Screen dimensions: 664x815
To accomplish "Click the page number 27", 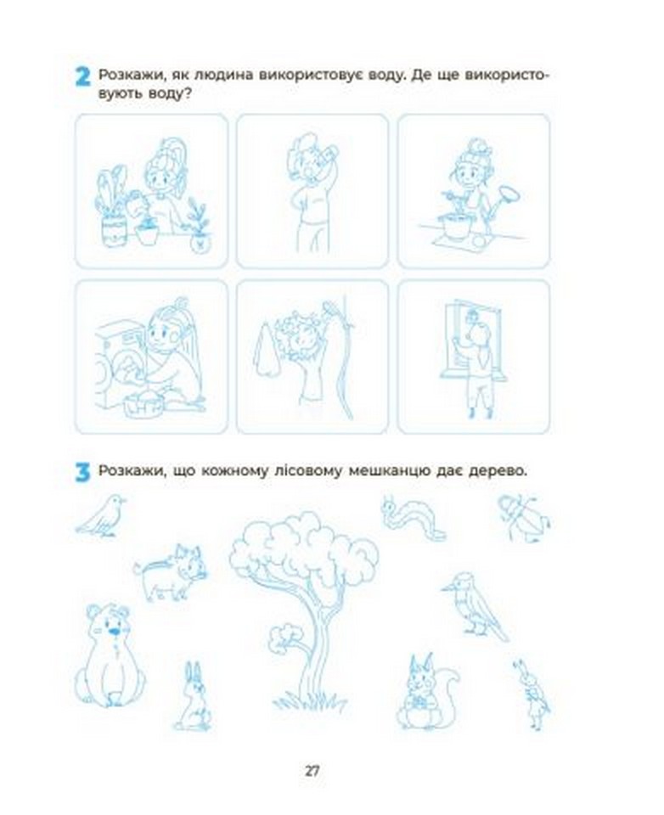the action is (x=312, y=771).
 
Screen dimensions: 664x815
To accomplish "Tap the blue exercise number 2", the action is (x=82, y=76).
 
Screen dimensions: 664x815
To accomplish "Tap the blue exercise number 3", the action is (x=82, y=472).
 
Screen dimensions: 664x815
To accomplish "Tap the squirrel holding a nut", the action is (x=427, y=691).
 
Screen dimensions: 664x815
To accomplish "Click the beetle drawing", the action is (x=524, y=517).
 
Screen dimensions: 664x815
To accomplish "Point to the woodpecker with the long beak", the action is (x=474, y=606).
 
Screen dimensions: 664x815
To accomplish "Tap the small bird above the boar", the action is (x=101, y=515).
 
